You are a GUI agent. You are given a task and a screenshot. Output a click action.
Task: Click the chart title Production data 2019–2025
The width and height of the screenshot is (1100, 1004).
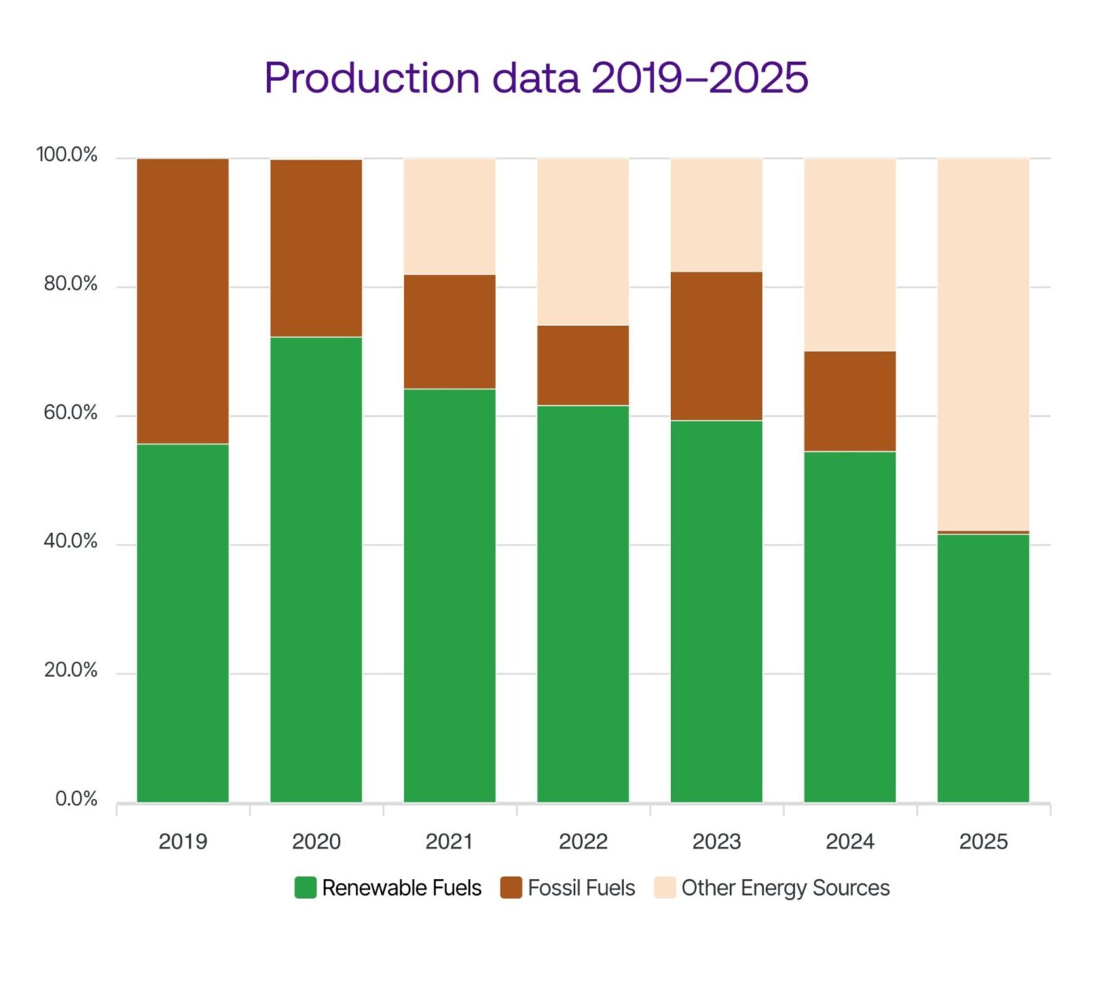click(x=536, y=78)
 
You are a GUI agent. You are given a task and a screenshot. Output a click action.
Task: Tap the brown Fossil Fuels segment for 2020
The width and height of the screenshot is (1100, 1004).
click(x=316, y=248)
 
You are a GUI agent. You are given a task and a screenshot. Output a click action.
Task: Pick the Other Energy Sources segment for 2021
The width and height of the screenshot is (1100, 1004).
click(x=449, y=217)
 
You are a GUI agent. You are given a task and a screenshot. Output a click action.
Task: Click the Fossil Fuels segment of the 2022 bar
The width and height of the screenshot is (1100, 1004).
click(x=583, y=365)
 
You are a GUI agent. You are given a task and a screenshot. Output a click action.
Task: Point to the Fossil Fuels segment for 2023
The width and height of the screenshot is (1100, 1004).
click(x=717, y=346)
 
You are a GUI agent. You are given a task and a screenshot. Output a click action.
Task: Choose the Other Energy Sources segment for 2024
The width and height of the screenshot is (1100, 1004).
click(x=850, y=255)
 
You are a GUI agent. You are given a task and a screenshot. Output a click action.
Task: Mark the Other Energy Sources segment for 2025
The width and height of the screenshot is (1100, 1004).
click(x=983, y=345)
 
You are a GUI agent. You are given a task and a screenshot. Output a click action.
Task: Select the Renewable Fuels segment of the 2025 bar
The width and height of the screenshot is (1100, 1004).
click(x=983, y=668)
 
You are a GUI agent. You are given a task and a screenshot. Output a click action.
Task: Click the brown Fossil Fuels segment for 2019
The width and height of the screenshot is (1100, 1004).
click(x=183, y=301)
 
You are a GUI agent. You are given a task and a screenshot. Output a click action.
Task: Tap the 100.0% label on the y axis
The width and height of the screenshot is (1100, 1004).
click(x=67, y=155)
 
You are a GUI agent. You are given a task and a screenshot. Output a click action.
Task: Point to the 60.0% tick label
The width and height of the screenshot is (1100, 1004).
click(x=71, y=413)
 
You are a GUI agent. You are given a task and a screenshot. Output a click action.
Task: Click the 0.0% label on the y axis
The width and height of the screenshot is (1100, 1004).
click(x=76, y=799)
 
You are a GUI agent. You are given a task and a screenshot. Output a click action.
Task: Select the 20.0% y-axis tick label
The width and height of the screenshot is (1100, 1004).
click(x=71, y=670)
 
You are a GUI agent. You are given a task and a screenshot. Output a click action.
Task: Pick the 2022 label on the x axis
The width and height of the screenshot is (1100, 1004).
click(x=583, y=842)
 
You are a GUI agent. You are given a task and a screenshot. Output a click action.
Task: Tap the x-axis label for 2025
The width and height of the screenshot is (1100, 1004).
click(x=983, y=842)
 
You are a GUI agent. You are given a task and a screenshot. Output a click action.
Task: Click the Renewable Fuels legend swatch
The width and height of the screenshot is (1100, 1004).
click(x=305, y=888)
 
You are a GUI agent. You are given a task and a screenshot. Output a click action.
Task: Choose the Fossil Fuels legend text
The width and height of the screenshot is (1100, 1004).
click(x=581, y=888)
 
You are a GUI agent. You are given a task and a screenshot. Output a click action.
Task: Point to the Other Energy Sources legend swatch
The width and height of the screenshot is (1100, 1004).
click(x=665, y=888)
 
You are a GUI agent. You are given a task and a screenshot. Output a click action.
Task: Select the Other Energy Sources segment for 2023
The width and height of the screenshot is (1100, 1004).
click(x=717, y=215)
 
